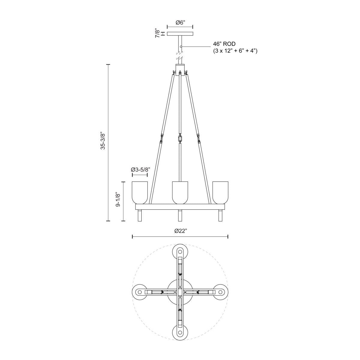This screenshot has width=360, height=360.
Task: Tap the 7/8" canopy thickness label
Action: pos(157,33)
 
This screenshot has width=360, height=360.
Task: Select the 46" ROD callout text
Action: pos(222,44)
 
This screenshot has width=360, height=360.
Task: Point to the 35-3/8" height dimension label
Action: pos(103,140)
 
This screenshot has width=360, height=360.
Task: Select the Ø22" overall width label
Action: pos(180,231)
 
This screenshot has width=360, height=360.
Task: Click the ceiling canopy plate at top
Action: pos(180,34)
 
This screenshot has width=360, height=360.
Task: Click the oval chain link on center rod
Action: pos(180,139)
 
